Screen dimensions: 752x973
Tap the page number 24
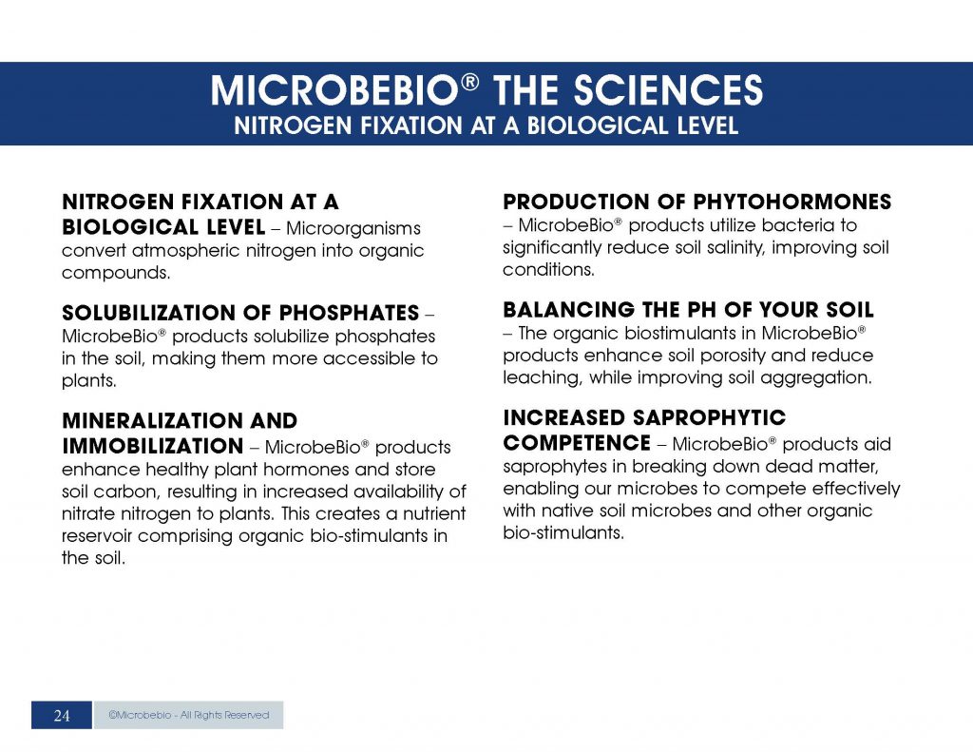pos(62,716)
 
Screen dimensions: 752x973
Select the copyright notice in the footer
pos(188,715)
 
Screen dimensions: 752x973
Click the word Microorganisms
pos(353,229)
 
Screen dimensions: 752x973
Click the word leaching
pos(537,378)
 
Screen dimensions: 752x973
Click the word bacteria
pos(805,225)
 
